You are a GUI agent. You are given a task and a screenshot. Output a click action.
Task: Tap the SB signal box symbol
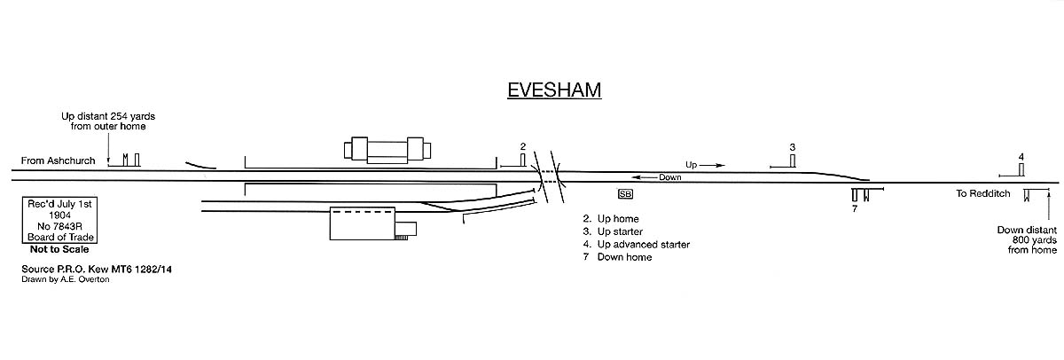(626, 194)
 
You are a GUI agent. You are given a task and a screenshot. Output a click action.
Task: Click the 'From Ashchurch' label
(59, 161)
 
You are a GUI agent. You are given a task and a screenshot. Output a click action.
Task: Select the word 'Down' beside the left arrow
(670, 177)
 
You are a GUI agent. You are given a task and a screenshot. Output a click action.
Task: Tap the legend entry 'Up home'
(611, 218)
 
